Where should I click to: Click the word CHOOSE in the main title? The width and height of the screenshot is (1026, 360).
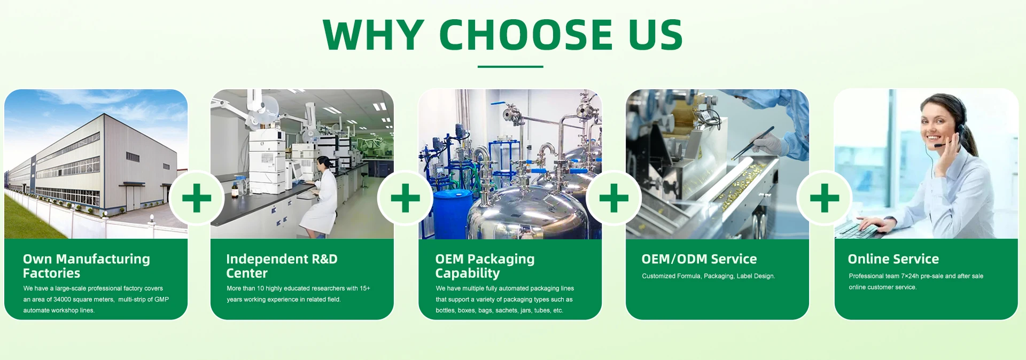pyautogui.click(x=526, y=35)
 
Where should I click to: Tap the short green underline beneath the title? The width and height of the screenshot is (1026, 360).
pyautogui.click(x=510, y=67)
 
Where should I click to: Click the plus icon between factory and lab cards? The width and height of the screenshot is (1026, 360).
pyautogui.click(x=197, y=198)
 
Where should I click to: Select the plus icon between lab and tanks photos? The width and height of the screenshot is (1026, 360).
pyautogui.click(x=405, y=198)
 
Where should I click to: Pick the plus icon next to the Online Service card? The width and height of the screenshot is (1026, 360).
pyautogui.click(x=825, y=198)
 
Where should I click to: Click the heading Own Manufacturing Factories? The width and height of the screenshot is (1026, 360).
pyautogui.click(x=87, y=266)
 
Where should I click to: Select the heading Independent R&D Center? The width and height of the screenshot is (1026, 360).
pyautogui.click(x=282, y=266)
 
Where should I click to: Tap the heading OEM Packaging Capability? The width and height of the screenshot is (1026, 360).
pyautogui.click(x=485, y=266)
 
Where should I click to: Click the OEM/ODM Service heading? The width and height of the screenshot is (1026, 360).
pyautogui.click(x=699, y=259)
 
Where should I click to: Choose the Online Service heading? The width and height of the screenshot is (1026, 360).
pyautogui.click(x=893, y=259)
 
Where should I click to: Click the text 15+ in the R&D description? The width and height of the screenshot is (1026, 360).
pyautogui.click(x=364, y=288)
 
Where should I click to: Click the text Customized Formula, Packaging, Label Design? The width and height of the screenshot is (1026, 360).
pyautogui.click(x=708, y=276)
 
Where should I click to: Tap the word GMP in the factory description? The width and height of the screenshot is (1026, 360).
pyautogui.click(x=161, y=300)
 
